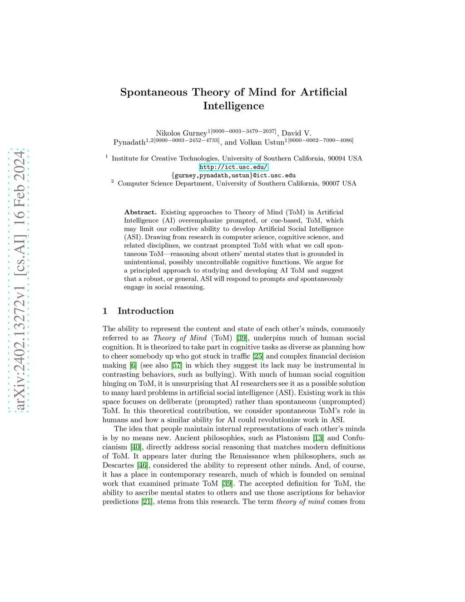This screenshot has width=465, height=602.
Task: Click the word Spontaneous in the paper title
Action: [153, 92]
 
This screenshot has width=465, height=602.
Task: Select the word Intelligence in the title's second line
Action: [233, 106]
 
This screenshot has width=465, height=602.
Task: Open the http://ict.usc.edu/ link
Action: [233, 167]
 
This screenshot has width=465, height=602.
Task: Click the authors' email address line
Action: [233, 175]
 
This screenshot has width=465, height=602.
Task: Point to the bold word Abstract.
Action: [140, 212]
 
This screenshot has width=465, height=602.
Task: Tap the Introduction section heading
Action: [145, 311]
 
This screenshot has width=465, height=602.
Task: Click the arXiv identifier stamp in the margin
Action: [20, 281]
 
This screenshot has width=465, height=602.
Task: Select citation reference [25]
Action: [258, 356]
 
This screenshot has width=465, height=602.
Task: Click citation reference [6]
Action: [133, 365]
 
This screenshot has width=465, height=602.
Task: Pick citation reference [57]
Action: [177, 365]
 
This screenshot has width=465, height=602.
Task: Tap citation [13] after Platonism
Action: [318, 438]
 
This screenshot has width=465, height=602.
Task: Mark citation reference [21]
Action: [146, 502]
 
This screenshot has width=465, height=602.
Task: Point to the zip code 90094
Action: [336, 159]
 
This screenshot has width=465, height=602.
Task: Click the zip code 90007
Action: [331, 184]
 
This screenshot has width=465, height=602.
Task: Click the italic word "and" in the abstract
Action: [293, 279]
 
